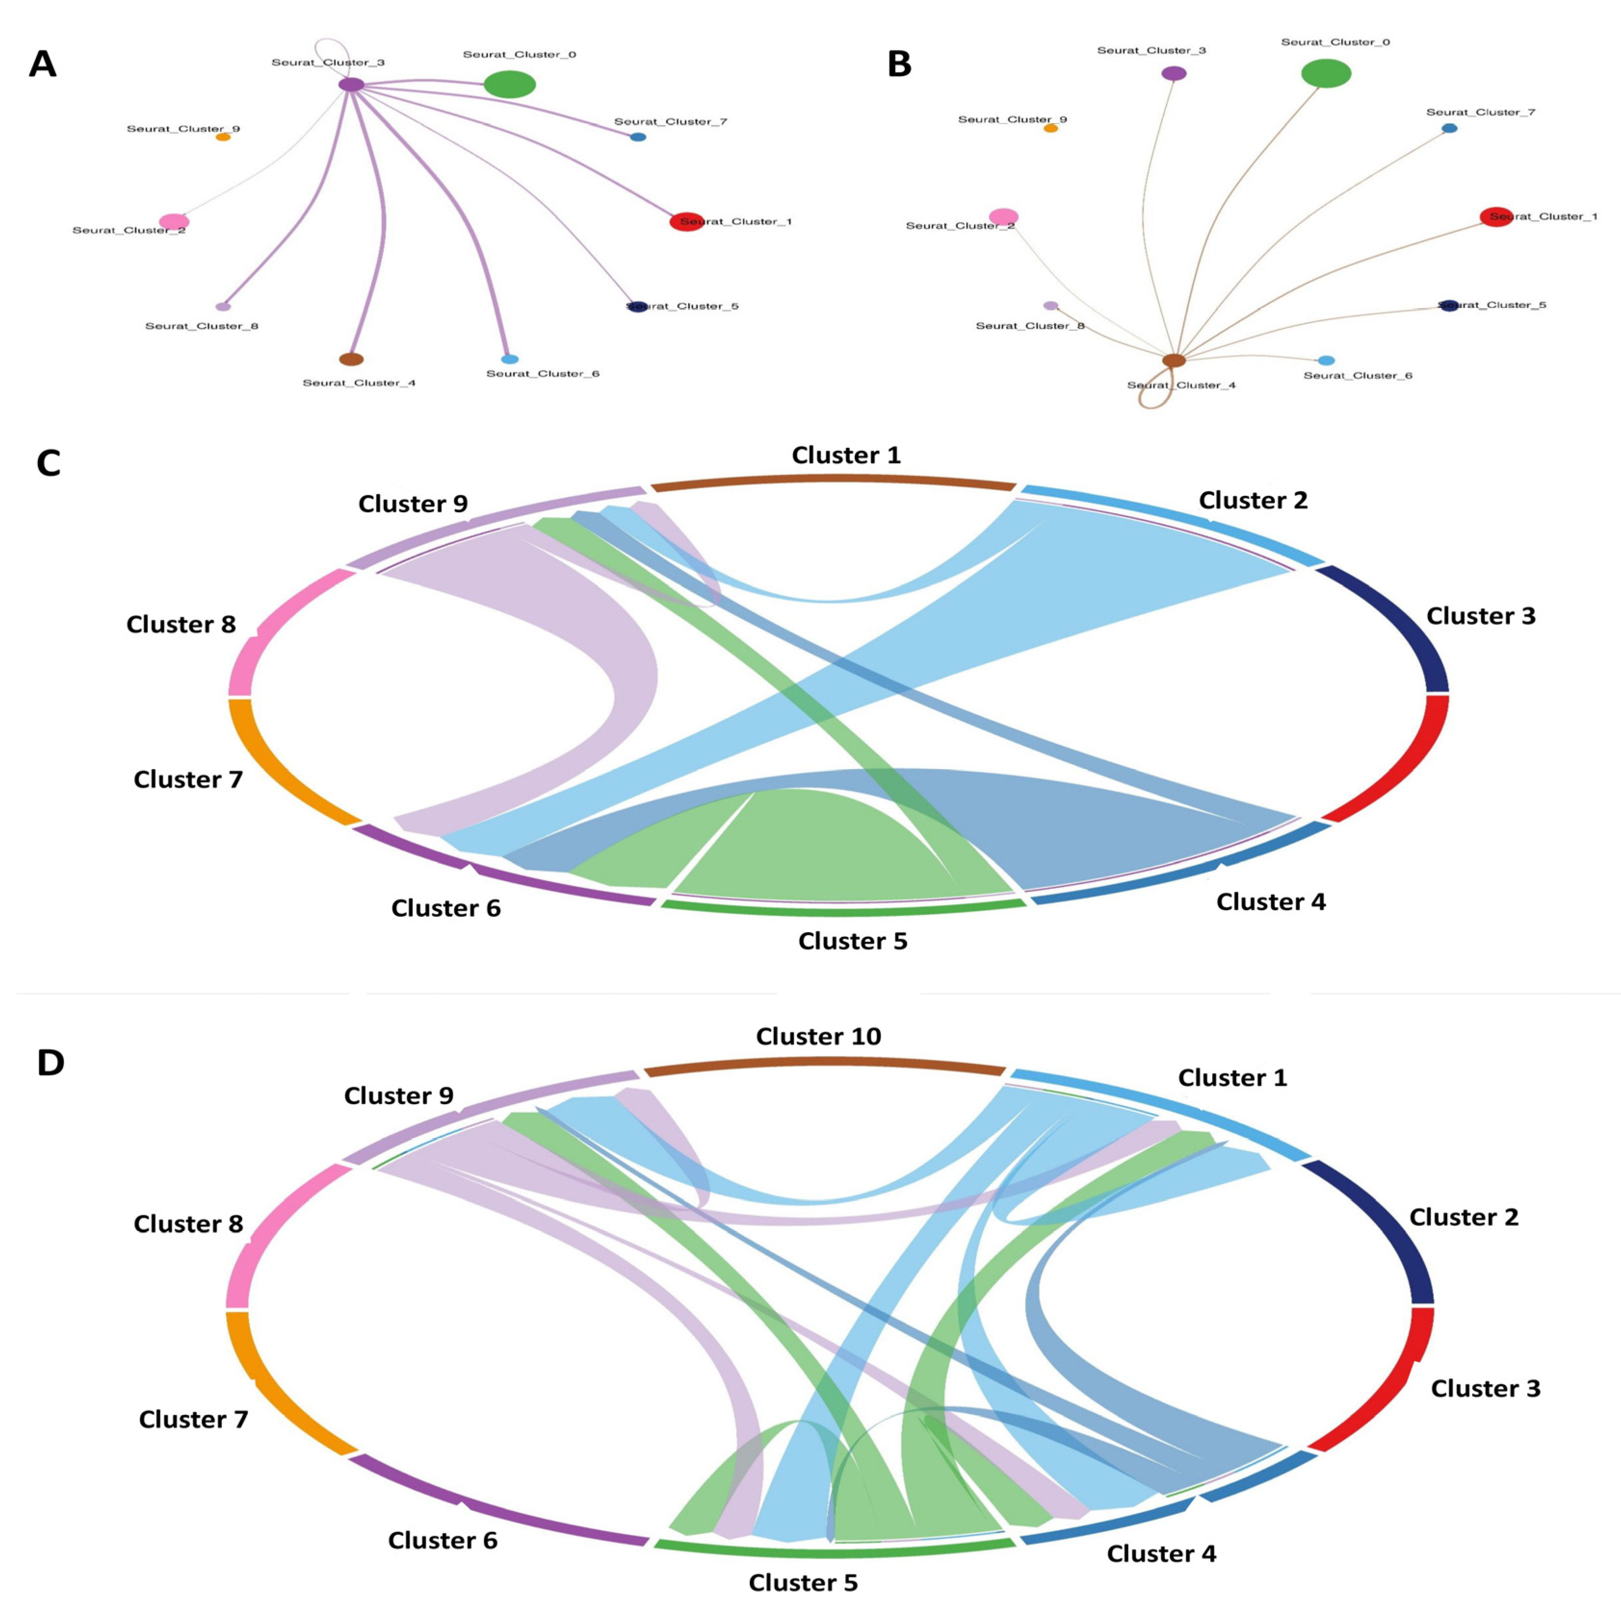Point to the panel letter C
pyautogui.click(x=49, y=463)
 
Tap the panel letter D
pyautogui.click(x=51, y=1063)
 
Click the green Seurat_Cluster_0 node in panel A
pyautogui.click(x=510, y=84)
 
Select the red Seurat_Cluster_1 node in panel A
pyautogui.click(x=685, y=221)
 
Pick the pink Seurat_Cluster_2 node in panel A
pyautogui.click(x=174, y=221)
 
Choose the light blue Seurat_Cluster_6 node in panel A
pyautogui.click(x=510, y=359)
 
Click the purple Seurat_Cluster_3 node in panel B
pyautogui.click(x=1174, y=73)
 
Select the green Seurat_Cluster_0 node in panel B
pyautogui.click(x=1326, y=73)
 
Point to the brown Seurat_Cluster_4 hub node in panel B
pyautogui.click(x=1174, y=361)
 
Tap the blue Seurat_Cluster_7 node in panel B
pyautogui.click(x=1449, y=129)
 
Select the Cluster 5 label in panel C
pyautogui.click(x=852, y=941)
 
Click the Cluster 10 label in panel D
pyautogui.click(x=818, y=1037)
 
